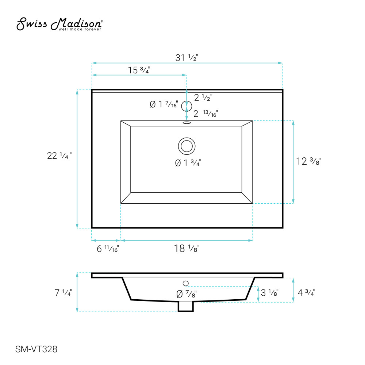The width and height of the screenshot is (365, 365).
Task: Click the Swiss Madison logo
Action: coord(59,24)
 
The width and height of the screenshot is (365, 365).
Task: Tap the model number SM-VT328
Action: coord(36,349)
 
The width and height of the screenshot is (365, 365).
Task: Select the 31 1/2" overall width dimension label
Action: coord(187,58)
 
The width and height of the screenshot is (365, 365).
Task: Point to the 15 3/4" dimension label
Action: coord(139,70)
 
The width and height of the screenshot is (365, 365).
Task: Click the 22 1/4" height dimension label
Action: coord(59,155)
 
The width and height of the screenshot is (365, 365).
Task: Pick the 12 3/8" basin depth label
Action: coord(308,161)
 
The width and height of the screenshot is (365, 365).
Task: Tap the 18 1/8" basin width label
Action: coord(187,248)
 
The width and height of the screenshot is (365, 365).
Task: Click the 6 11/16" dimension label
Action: coord(108,249)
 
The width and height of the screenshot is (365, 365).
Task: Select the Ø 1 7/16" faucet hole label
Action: coord(164,104)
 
